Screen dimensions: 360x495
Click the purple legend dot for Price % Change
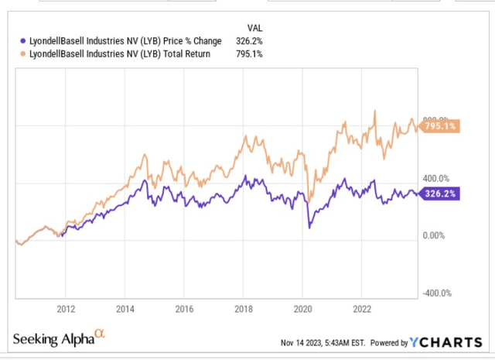point(21,40)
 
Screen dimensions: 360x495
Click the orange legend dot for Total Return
point(21,54)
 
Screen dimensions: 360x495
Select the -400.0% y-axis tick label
point(435,293)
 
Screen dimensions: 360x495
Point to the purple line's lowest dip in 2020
point(310,227)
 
